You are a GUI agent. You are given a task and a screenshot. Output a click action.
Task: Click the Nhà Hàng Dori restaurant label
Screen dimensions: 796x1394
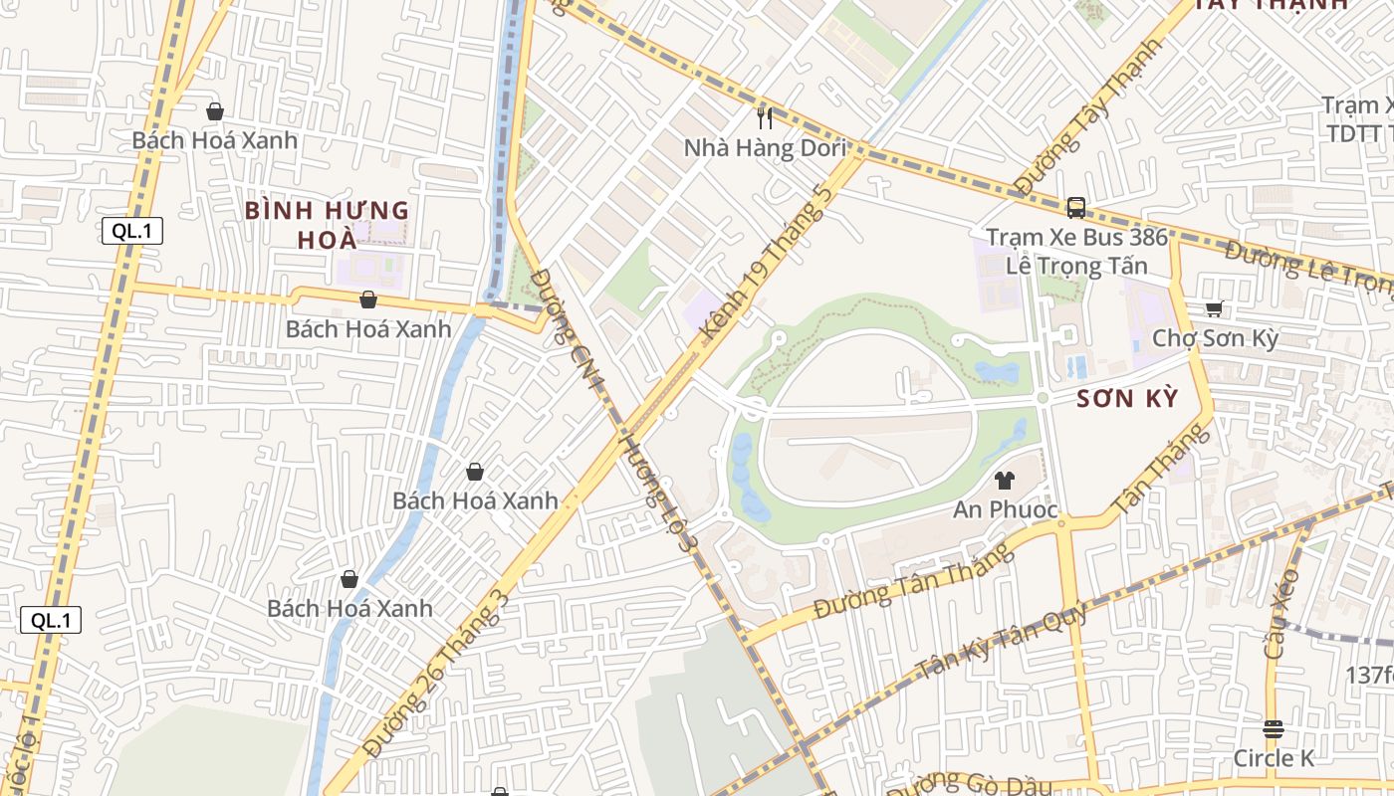tap(764, 148)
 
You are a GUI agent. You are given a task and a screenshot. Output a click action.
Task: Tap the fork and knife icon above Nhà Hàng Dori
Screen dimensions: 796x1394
tap(765, 118)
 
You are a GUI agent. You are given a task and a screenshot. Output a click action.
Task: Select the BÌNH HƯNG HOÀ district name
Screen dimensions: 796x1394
tap(328, 225)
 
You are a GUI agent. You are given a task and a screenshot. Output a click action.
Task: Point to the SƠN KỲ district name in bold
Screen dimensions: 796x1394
tap(1127, 399)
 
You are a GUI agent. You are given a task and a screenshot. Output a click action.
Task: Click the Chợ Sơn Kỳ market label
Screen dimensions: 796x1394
tap(1214, 338)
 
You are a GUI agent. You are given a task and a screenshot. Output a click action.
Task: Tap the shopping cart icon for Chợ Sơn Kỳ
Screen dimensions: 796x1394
tap(1214, 309)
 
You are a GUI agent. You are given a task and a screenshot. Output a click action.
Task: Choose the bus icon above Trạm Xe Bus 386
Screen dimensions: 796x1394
tap(1075, 207)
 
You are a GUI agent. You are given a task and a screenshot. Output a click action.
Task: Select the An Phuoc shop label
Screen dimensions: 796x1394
tap(1005, 509)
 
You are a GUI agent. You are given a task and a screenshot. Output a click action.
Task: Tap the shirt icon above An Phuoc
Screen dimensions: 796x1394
tap(1004, 481)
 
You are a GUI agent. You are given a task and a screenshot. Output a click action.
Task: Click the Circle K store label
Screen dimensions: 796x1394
tap(1274, 758)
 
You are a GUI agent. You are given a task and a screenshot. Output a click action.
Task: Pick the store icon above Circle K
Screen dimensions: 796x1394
tap(1273, 729)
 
